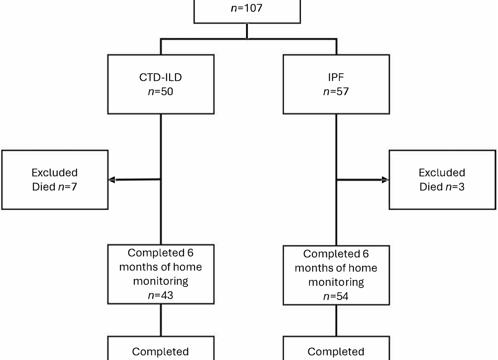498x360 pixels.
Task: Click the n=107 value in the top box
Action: click(x=247, y=8)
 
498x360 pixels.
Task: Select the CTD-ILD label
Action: click(x=161, y=77)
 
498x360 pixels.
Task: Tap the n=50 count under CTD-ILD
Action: click(x=161, y=92)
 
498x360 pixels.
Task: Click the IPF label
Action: click(x=336, y=77)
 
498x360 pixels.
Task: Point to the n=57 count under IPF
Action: click(x=336, y=92)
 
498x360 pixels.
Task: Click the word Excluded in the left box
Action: click(x=54, y=173)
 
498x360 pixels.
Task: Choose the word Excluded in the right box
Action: click(x=442, y=173)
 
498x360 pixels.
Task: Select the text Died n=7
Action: click(x=54, y=187)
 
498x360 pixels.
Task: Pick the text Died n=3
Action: click(x=442, y=187)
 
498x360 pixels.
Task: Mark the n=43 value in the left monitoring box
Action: click(x=161, y=295)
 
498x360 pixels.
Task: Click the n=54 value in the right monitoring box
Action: click(x=336, y=296)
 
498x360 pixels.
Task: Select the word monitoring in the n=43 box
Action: click(x=161, y=281)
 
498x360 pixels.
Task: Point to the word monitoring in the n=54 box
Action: click(x=336, y=282)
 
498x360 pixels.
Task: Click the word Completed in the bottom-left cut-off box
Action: click(x=161, y=352)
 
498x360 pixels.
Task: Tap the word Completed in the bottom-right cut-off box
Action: click(x=336, y=352)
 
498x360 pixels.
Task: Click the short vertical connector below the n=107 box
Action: click(x=247, y=31)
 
